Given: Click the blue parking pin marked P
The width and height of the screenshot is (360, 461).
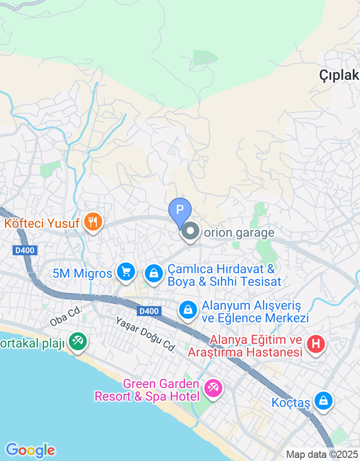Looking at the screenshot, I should [x=180, y=210].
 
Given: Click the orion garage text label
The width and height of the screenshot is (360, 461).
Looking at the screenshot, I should [x=239, y=233].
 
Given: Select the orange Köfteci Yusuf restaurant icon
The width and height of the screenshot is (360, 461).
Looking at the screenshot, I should [x=93, y=221].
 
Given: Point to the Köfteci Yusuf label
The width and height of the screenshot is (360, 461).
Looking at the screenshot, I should [x=42, y=223].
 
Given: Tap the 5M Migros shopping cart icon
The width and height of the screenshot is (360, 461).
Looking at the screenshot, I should [x=126, y=271].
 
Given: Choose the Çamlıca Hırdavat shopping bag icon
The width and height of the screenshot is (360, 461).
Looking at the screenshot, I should [x=154, y=273].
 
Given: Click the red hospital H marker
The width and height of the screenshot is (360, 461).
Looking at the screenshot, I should [x=315, y=344].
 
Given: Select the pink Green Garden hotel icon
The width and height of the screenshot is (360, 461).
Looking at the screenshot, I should [x=213, y=388].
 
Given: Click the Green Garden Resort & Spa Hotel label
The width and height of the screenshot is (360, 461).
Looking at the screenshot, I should [x=147, y=390].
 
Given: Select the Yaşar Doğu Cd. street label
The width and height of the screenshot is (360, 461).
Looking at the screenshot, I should [x=145, y=334].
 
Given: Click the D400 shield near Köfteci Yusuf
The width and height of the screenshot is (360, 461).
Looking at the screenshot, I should [x=25, y=250].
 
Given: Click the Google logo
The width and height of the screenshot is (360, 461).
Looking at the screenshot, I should [x=30, y=450].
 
